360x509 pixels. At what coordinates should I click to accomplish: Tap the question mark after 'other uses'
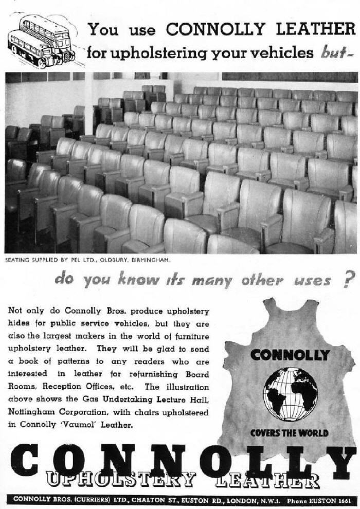(x=349, y=279)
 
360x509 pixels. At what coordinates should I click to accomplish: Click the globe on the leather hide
(x=290, y=394)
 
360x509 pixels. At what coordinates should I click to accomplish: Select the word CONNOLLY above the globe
(x=290, y=355)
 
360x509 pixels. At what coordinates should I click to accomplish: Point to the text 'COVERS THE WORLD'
(x=289, y=432)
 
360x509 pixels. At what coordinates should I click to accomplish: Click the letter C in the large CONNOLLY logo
(x=24, y=461)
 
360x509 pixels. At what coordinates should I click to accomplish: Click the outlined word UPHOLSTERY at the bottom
(x=121, y=480)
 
